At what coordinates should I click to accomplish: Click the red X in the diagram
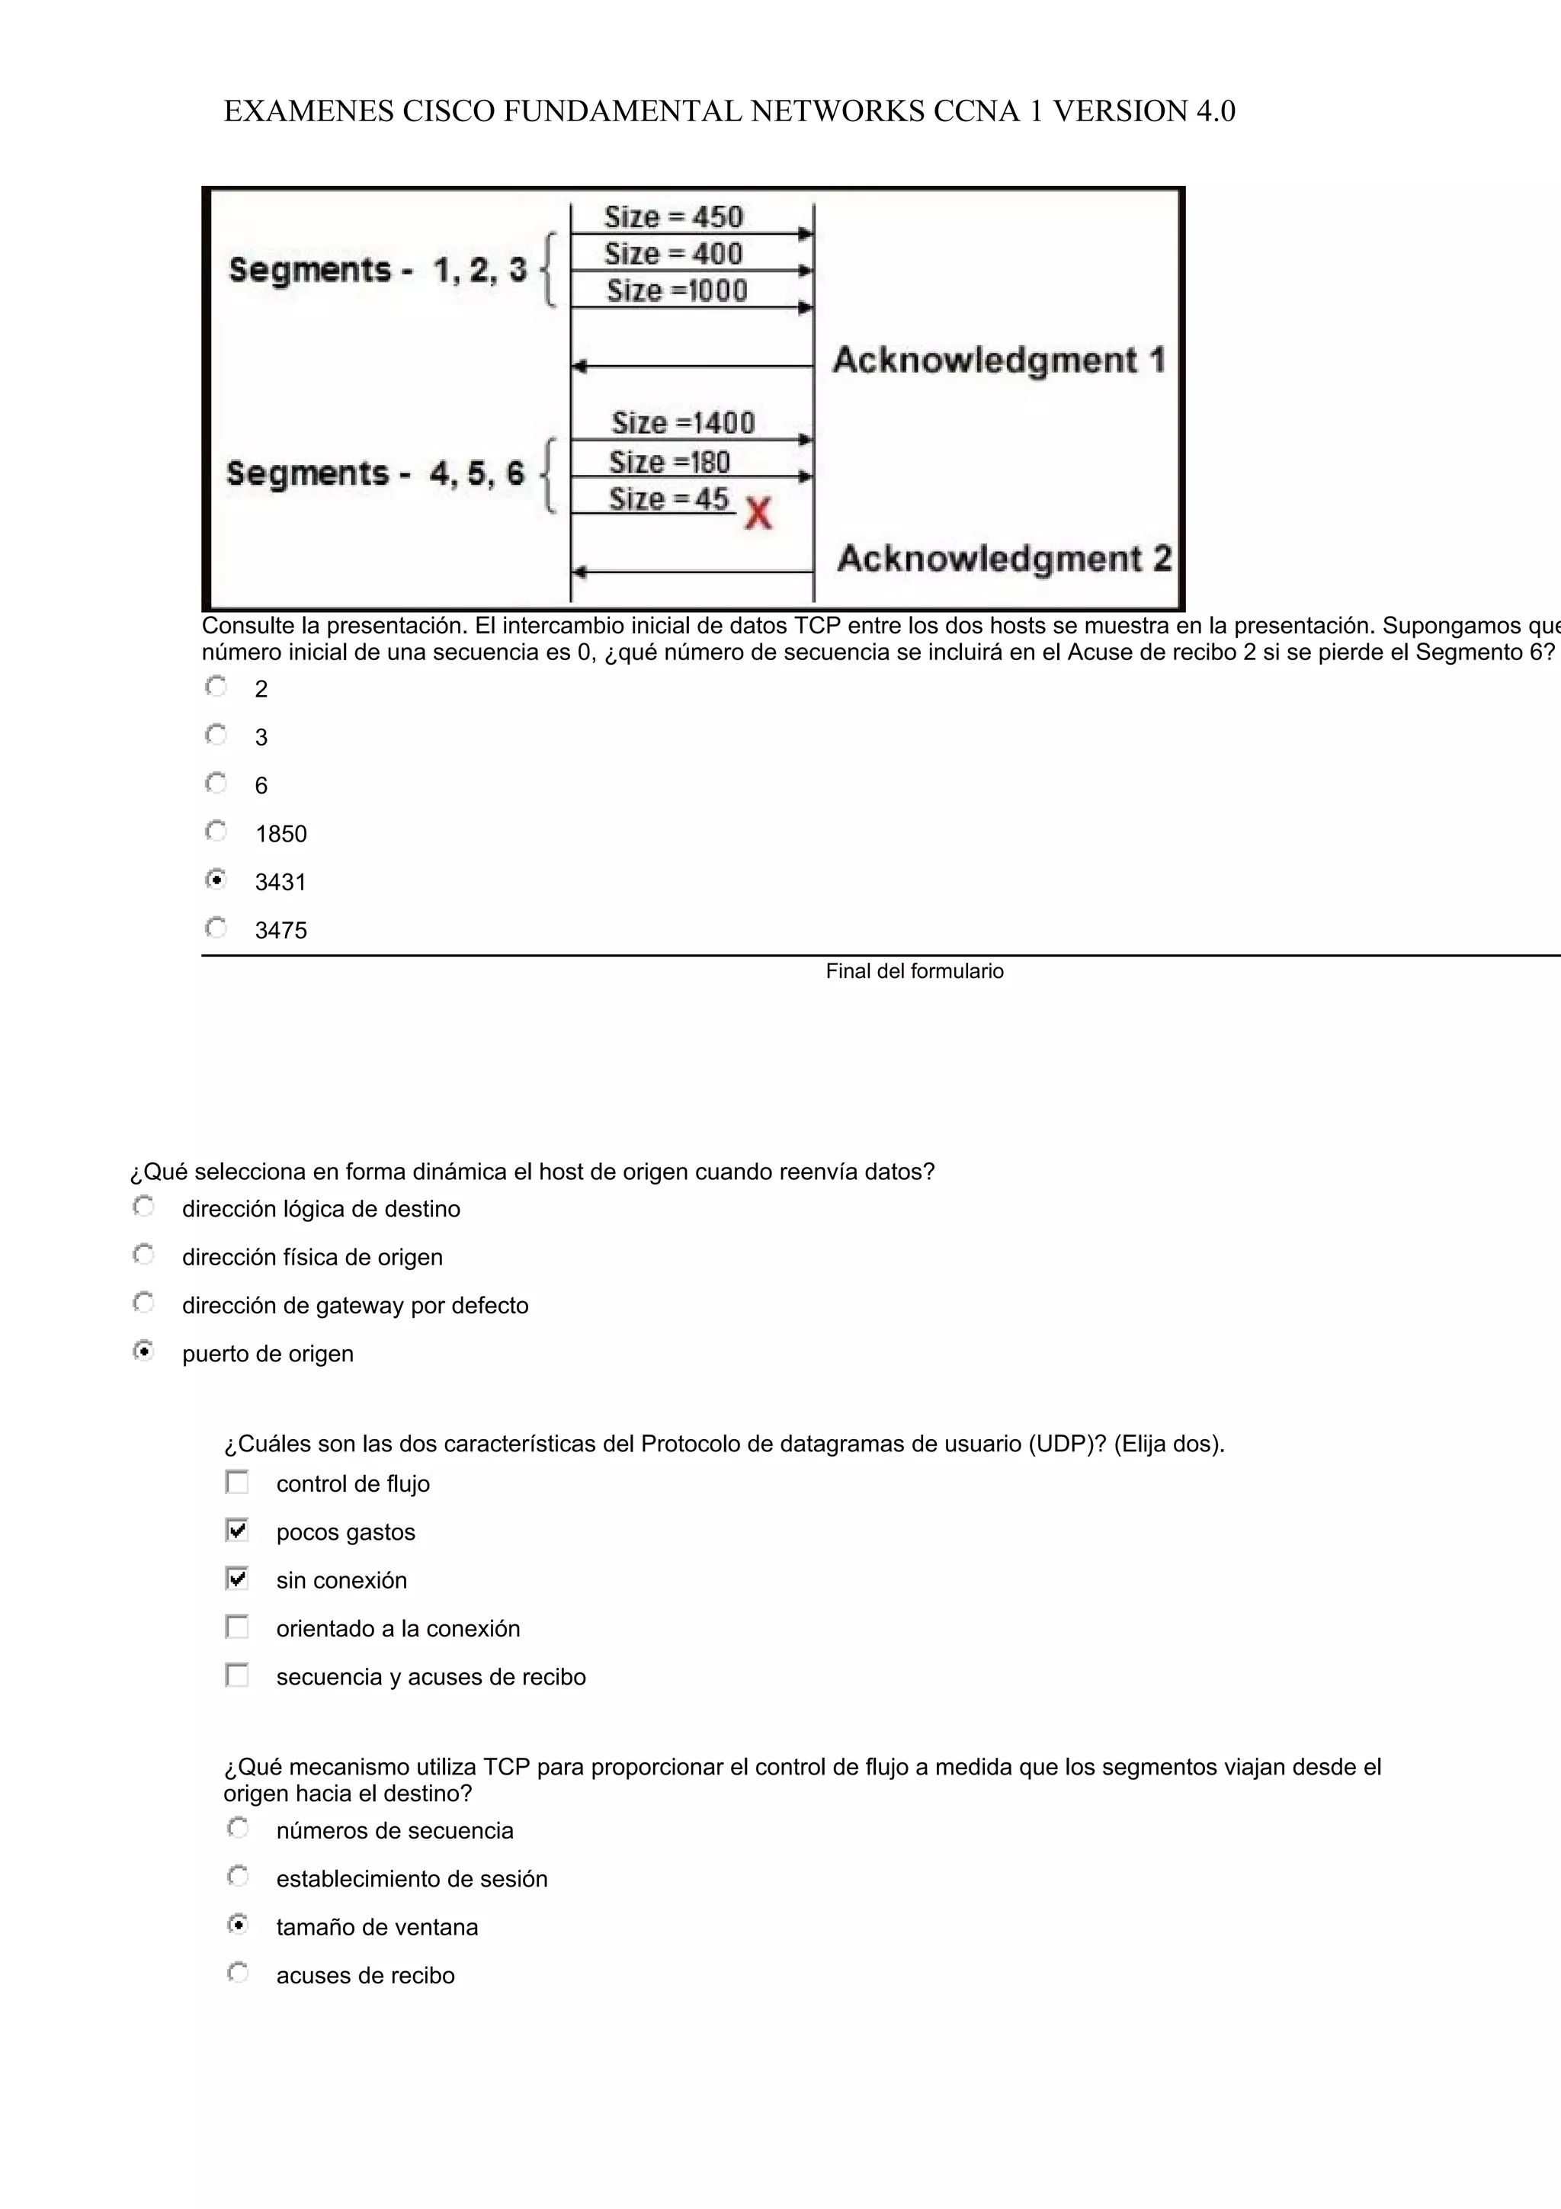(758, 514)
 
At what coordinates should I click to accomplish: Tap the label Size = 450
(673, 216)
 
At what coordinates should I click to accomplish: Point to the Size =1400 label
(683, 422)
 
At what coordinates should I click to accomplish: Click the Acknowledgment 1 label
(998, 360)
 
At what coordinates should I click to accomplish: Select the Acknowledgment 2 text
(1004, 558)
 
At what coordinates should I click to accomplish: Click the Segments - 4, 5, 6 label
(375, 473)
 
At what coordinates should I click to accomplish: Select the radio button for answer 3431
(216, 880)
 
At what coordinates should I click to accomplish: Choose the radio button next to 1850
(216, 832)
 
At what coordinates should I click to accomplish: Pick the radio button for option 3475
(216, 928)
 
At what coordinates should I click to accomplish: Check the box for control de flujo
(236, 1482)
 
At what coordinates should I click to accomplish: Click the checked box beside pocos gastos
(236, 1530)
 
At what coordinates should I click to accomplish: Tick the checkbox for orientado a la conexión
(236, 1627)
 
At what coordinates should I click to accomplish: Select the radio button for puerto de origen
(143, 1351)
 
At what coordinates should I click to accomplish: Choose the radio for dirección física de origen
(143, 1255)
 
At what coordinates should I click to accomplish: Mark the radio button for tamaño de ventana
(238, 1924)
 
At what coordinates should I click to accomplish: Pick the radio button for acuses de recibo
(238, 1973)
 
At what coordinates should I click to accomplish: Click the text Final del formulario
(914, 971)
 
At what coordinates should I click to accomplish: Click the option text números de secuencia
(394, 1830)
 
